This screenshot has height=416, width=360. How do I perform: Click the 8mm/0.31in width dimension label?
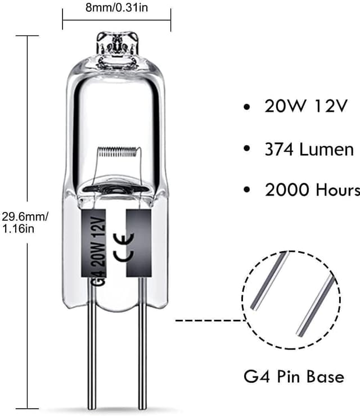(116, 8)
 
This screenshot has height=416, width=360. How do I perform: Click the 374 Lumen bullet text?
(310, 149)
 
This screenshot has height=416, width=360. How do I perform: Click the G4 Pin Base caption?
(295, 376)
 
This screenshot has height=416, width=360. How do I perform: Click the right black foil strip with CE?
(138, 243)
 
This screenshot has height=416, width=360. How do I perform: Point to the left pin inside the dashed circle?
(269, 281)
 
